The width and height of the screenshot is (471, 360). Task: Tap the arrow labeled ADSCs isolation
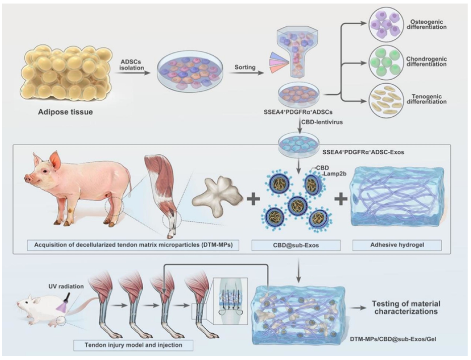pyautogui.click(x=133, y=73)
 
